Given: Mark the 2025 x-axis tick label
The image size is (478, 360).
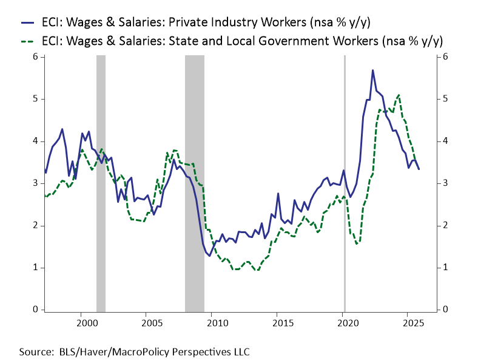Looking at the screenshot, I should (408, 321).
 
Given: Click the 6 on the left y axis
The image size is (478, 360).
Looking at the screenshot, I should (35, 56).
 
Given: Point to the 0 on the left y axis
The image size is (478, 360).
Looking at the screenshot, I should (35, 310).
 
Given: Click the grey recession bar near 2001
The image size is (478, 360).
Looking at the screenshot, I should (101, 182).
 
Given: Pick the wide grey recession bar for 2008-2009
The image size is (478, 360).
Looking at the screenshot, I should (194, 182).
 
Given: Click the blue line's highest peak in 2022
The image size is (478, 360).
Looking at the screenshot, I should (372, 70).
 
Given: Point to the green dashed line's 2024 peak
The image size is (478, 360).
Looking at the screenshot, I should (398, 95).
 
